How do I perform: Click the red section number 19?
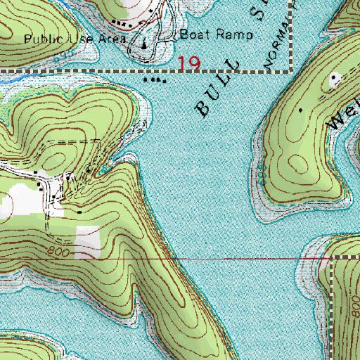click(189, 64)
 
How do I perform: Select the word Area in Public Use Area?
click(112, 39)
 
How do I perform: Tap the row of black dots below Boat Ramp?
click(155, 80)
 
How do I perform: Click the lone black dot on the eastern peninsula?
click(302, 110)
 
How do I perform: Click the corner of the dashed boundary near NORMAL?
click(290, 71)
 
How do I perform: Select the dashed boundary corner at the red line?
click(330, 258)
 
